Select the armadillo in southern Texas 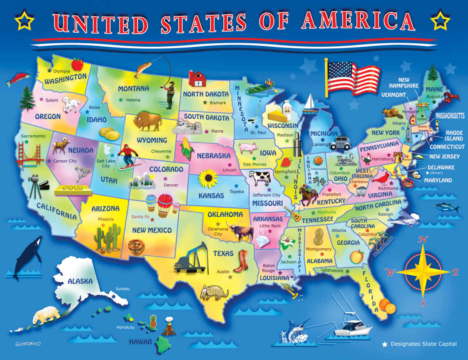tap(211, 292)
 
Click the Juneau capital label tap(122, 289)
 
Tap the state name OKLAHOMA tap(225, 215)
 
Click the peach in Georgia tap(357, 256)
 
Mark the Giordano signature tap(28, 344)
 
